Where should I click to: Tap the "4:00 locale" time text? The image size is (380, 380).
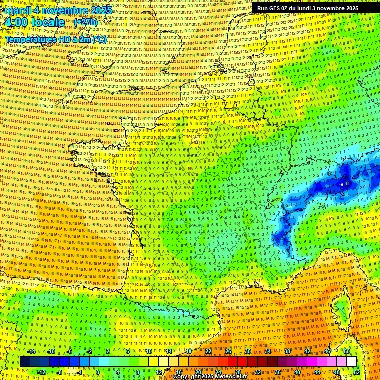click(x=35, y=22)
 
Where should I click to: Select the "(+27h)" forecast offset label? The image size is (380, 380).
click(x=86, y=22)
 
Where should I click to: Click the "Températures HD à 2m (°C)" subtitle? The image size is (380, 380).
click(x=56, y=39)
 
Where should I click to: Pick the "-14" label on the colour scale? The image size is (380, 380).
click(x=31, y=351)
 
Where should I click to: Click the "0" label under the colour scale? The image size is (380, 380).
click(x=97, y=372)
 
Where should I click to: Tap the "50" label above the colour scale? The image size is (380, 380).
click(x=347, y=351)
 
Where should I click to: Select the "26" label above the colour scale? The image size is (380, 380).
click(x=228, y=351)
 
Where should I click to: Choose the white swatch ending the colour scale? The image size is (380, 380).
click(x=351, y=362)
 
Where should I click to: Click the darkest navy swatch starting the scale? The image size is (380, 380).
click(x=25, y=362)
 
